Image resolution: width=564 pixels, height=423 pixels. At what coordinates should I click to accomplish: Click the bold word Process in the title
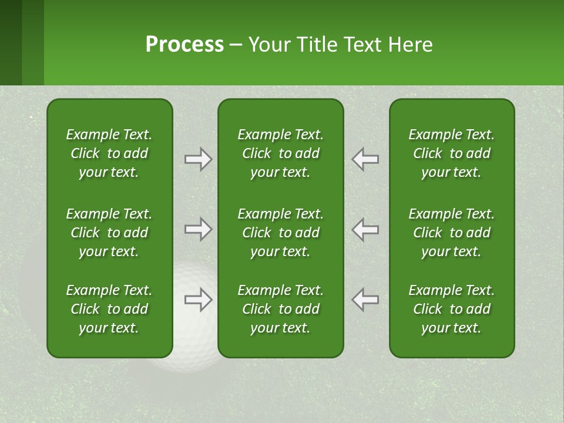tap(184, 45)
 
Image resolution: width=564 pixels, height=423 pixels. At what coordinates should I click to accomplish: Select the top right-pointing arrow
tap(199, 159)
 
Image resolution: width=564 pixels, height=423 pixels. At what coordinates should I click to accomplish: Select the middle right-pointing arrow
tap(199, 229)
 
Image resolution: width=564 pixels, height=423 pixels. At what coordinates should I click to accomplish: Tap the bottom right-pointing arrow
tap(199, 300)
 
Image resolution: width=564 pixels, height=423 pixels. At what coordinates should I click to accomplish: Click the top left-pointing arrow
tap(365, 159)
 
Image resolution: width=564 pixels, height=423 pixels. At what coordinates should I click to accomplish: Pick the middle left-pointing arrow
tap(365, 229)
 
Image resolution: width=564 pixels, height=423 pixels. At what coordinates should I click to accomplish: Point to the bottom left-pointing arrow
tap(365, 300)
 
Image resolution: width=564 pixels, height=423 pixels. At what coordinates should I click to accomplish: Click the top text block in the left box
tap(109, 153)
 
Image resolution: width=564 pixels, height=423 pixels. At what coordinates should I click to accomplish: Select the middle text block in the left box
tap(109, 233)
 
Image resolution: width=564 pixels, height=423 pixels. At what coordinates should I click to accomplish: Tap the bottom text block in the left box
tap(109, 309)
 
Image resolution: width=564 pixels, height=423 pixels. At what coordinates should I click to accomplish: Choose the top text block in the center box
tap(280, 153)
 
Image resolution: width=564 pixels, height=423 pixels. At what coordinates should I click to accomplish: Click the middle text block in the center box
tap(280, 233)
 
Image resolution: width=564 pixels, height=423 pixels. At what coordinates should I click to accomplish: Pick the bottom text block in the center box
tap(280, 309)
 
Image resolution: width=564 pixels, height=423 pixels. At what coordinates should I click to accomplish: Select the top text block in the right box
tap(451, 153)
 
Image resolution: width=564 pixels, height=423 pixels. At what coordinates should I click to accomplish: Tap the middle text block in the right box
tap(451, 233)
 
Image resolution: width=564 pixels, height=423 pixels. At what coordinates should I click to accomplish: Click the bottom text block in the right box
tap(451, 309)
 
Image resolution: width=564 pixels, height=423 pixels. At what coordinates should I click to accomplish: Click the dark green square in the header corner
tap(11, 42)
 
